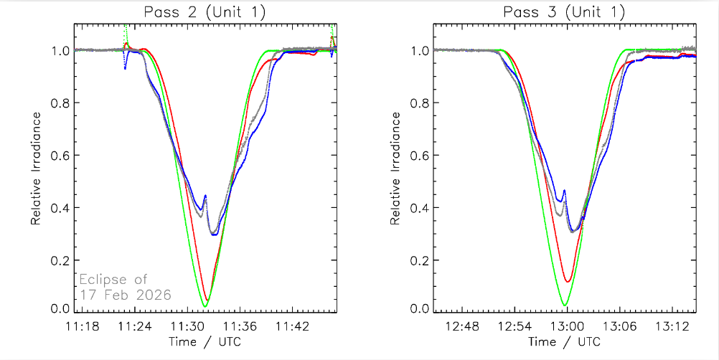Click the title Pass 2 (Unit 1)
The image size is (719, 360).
(205, 12)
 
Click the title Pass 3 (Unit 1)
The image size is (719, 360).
(564, 12)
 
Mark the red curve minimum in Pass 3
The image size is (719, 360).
(568, 281)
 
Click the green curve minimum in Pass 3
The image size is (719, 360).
(565, 305)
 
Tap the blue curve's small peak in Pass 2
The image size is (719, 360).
(205, 195)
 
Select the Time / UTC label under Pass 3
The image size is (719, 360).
(565, 341)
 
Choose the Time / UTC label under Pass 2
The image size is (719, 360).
(205, 341)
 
